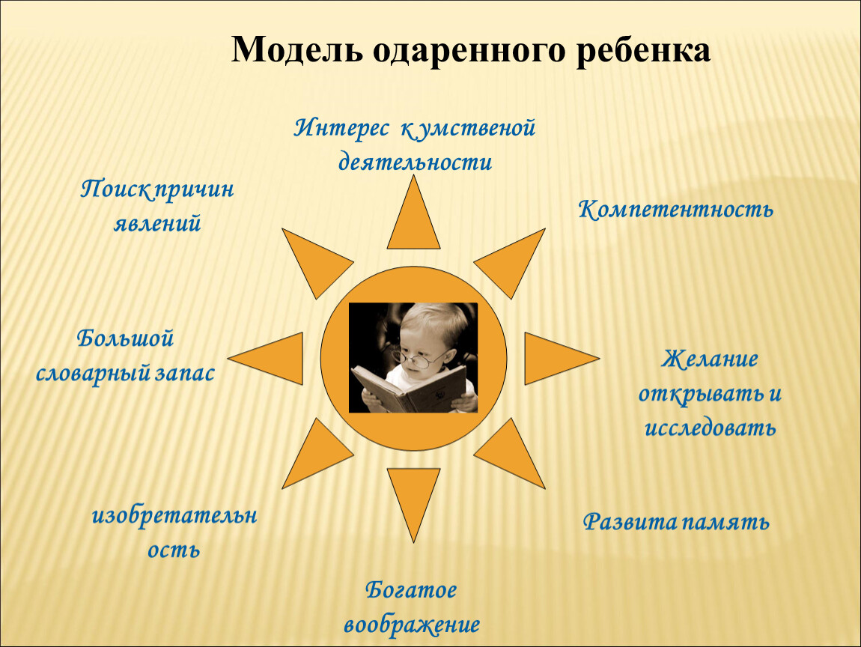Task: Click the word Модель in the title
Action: pyautogui.click(x=297, y=49)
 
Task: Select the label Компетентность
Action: pyautogui.click(x=675, y=210)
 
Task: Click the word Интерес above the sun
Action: pyautogui.click(x=341, y=129)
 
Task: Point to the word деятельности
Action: pyautogui.click(x=415, y=162)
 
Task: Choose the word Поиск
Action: pyautogui.click(x=116, y=190)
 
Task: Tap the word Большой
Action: pyautogui.click(x=125, y=338)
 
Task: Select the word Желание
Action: pyautogui.click(x=710, y=359)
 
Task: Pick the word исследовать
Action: pyautogui.click(x=710, y=428)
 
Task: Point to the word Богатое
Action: pyautogui.click(x=411, y=590)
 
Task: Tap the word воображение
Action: pyautogui.click(x=412, y=625)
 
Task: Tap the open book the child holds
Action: pyautogui.click(x=409, y=387)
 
